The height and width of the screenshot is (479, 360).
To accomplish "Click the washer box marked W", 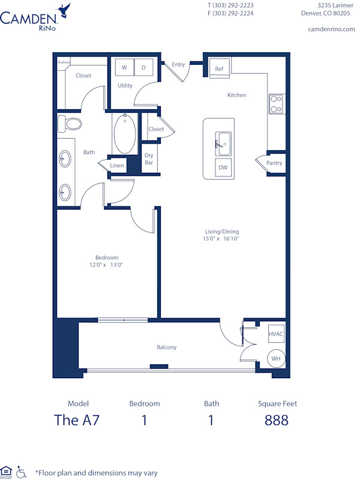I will pyautogui.click(x=124, y=68).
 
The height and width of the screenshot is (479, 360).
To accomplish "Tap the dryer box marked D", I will pyautogui.click(x=143, y=68).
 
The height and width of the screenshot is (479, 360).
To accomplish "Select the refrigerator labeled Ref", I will pyautogui.click(x=219, y=69).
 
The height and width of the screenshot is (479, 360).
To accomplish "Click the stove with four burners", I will pyautogui.click(x=276, y=104).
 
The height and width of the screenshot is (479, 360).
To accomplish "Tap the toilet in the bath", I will pyautogui.click(x=71, y=124).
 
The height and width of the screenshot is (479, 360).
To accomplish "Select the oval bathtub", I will pyautogui.click(x=125, y=134).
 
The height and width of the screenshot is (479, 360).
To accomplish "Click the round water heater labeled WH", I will pyautogui.click(x=275, y=358).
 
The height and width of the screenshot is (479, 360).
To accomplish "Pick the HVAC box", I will pyautogui.click(x=276, y=334).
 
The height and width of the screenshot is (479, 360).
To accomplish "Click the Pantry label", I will pyautogui.click(x=274, y=163).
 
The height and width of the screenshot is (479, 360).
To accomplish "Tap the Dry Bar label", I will pyautogui.click(x=149, y=159).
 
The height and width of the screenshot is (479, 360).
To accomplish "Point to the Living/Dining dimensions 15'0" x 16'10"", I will pyautogui.click(x=221, y=239).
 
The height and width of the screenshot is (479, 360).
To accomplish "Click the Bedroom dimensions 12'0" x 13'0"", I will pyautogui.click(x=107, y=265).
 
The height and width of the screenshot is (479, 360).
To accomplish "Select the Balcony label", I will pyautogui.click(x=167, y=348).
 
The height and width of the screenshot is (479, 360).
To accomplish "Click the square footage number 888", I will pyautogui.click(x=277, y=420).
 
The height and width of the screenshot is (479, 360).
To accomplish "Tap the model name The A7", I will pyautogui.click(x=77, y=420).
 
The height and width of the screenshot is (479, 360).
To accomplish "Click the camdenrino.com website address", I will pyautogui.click(x=331, y=29).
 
